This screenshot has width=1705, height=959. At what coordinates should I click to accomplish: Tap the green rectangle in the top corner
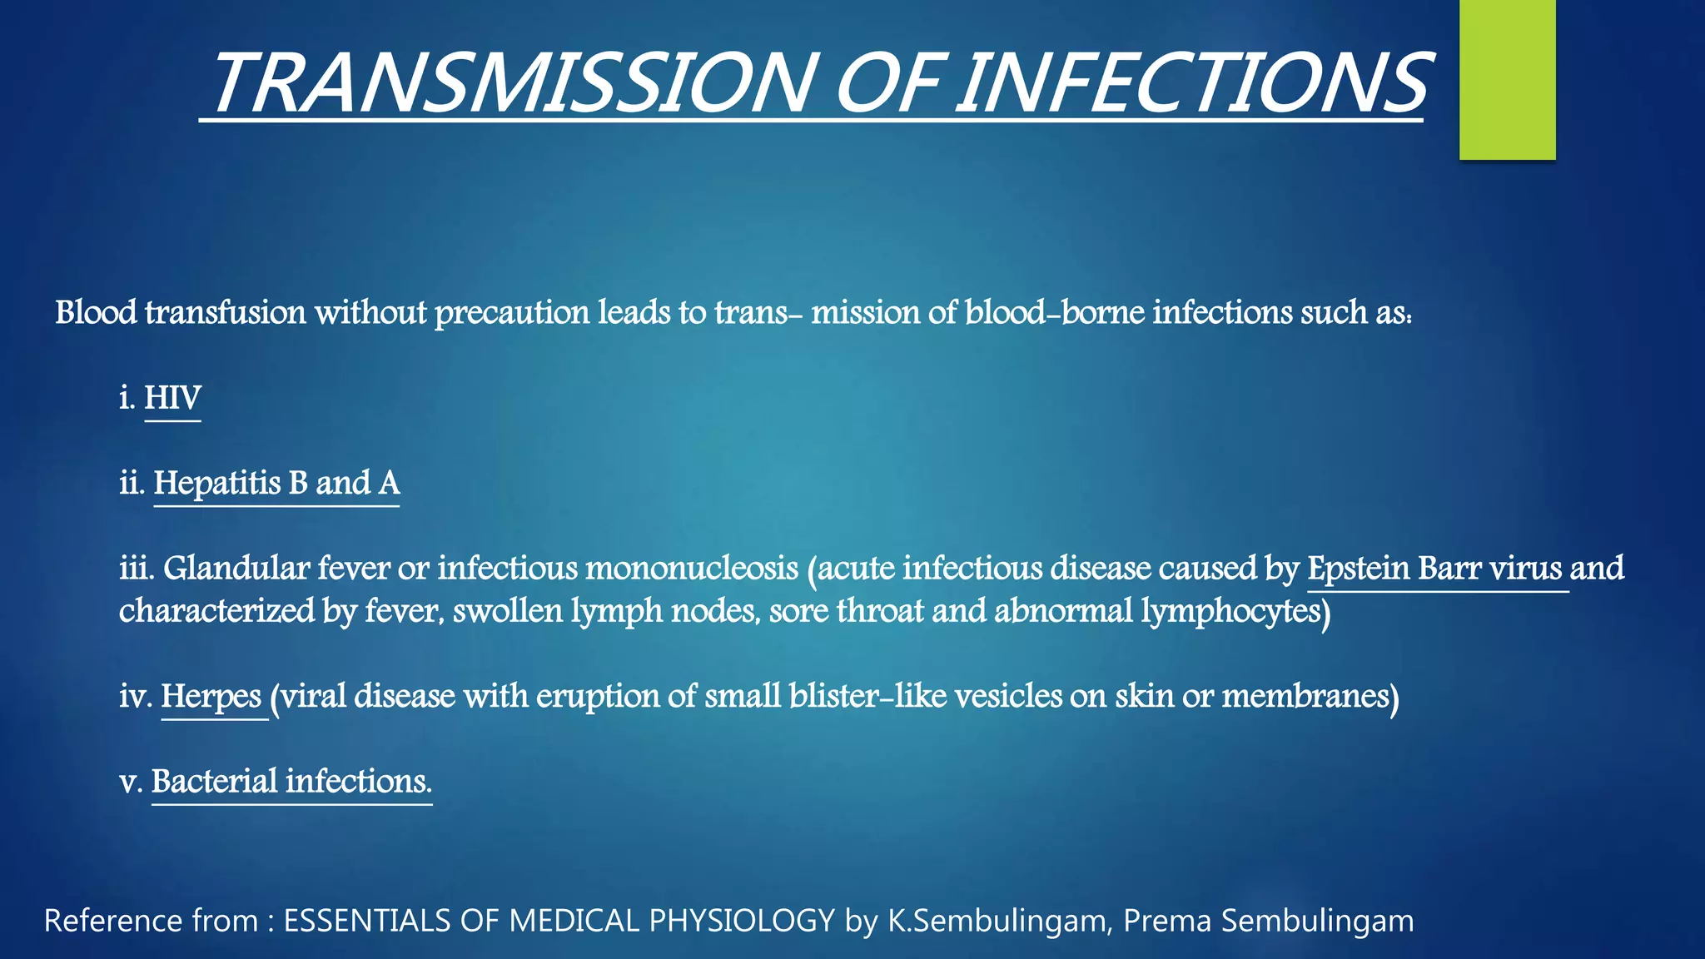tap(1507, 79)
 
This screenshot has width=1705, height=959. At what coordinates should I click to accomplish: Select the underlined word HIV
tap(172, 398)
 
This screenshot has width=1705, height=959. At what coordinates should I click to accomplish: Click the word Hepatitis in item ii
tap(217, 483)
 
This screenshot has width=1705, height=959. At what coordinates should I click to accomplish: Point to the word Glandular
tap(236, 569)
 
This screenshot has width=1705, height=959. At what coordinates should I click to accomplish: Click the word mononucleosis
tap(692, 569)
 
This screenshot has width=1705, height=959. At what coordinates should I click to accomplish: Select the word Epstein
tap(1358, 569)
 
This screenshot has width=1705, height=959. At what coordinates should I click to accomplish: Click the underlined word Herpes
tap(211, 696)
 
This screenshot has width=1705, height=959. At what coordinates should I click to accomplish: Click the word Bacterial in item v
tap(214, 782)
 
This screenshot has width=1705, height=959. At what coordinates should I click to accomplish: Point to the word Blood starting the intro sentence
tap(96, 313)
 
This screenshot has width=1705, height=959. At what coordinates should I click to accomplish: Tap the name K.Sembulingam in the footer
tap(1000, 921)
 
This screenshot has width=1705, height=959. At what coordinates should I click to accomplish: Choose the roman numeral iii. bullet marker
tap(137, 569)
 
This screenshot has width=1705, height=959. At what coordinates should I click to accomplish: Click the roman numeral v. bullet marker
tap(132, 783)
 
